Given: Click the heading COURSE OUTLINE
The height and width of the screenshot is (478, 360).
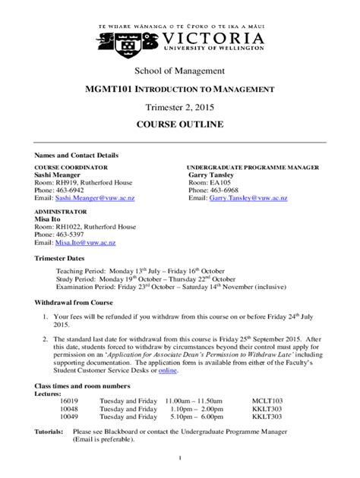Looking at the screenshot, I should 179,124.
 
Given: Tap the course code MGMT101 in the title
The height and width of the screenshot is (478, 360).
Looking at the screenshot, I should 113,90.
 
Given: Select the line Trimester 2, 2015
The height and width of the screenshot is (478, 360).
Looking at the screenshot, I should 179,107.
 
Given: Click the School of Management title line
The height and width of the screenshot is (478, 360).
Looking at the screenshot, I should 179,72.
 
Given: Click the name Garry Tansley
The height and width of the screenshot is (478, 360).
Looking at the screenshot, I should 214,174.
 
